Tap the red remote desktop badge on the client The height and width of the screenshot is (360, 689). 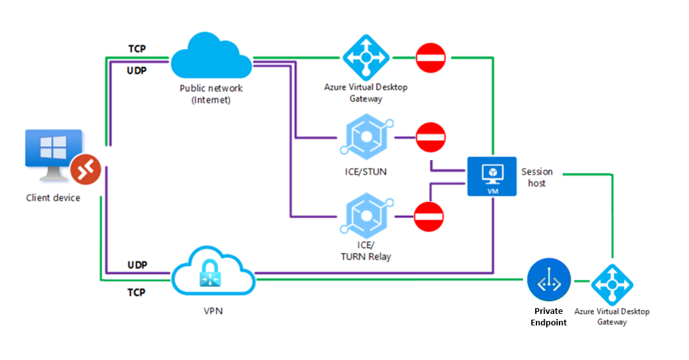pyautogui.click(x=85, y=168)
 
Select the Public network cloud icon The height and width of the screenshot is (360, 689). pyautogui.click(x=212, y=58)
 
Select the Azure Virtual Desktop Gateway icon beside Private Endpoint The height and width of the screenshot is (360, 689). pyautogui.click(x=611, y=284)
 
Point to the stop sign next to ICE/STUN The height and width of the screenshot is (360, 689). pyautogui.click(x=430, y=137)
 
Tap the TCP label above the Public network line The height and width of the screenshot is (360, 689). pyautogui.click(x=137, y=49)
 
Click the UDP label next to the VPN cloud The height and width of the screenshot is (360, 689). pyautogui.click(x=137, y=265)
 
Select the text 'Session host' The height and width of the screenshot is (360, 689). pyautogui.click(x=537, y=177)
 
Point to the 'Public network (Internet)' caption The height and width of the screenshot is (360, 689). pyautogui.click(x=211, y=94)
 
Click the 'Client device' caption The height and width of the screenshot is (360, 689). pyautogui.click(x=53, y=198)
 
